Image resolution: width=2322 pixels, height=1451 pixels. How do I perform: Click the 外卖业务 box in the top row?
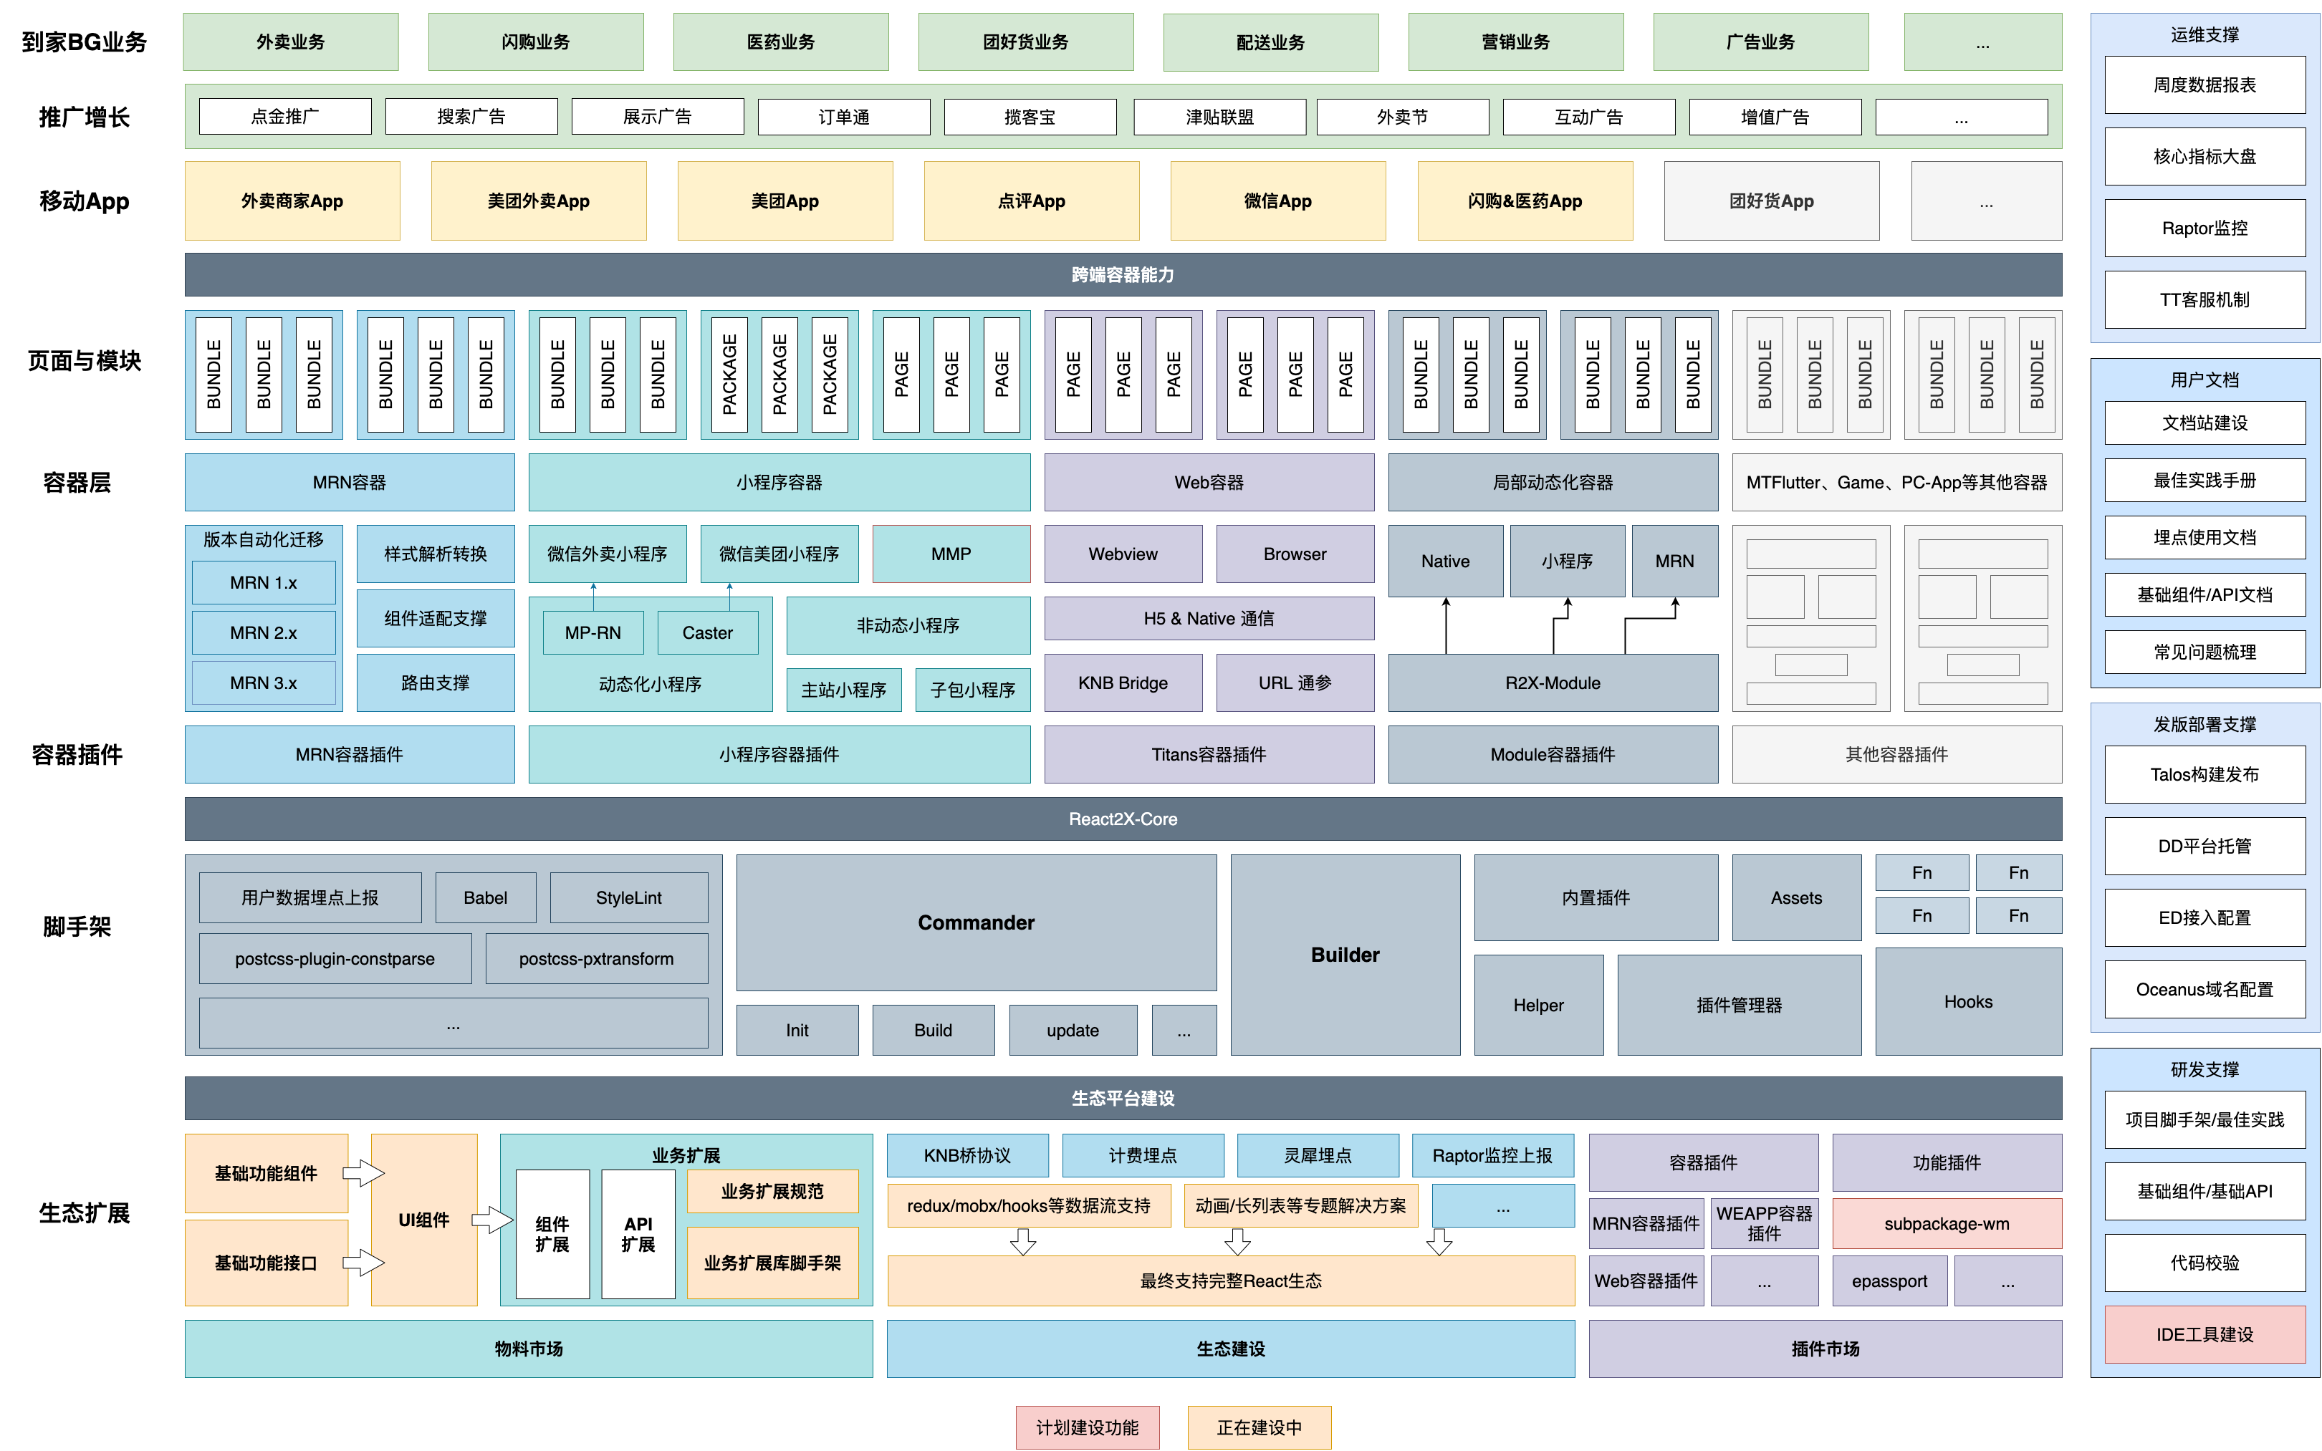(x=290, y=42)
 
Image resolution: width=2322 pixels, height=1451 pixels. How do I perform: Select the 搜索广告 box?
(x=471, y=117)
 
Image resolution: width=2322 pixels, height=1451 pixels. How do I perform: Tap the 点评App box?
(x=1031, y=201)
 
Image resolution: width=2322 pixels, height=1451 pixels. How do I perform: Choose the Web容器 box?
(x=1209, y=483)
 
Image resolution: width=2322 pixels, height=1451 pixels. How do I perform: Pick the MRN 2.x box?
(x=263, y=633)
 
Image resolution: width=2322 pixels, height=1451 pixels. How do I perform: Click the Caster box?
(x=707, y=633)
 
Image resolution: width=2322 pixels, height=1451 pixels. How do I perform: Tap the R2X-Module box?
(x=1552, y=683)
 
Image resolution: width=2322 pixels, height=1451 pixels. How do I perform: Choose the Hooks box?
(x=1968, y=1002)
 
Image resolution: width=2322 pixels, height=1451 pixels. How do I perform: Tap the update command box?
(x=1073, y=1031)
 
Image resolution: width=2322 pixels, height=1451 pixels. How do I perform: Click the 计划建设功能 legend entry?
(x=1087, y=1428)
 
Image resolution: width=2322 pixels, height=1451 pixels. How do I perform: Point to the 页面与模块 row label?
(x=85, y=361)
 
